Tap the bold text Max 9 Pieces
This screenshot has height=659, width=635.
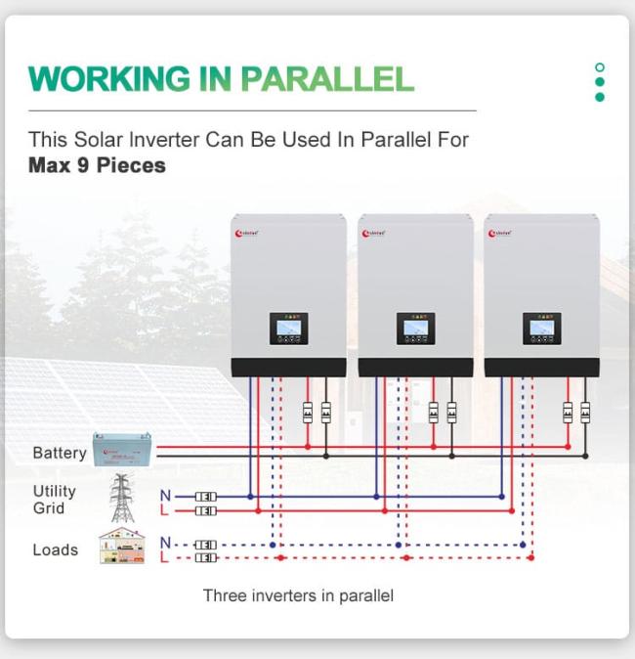click(x=97, y=165)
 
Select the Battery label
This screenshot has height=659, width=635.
click(x=59, y=453)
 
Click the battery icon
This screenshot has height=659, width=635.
click(x=122, y=448)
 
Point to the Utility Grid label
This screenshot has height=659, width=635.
click(x=54, y=500)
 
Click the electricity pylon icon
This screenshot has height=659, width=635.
click(x=121, y=499)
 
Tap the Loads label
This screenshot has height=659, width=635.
click(x=55, y=549)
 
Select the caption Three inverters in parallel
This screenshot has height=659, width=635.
click(x=298, y=595)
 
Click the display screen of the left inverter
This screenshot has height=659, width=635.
click(x=288, y=329)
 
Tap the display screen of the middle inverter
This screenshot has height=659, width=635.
click(x=415, y=329)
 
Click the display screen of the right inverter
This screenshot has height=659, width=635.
click(x=541, y=329)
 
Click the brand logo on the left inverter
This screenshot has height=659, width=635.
click(x=248, y=233)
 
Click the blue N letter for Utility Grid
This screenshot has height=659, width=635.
click(x=165, y=496)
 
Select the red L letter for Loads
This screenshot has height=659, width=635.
click(x=165, y=558)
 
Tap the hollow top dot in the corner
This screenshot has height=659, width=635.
click(x=600, y=67)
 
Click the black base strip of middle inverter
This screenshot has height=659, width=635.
click(x=415, y=368)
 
